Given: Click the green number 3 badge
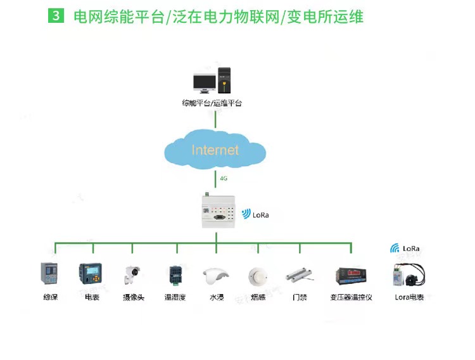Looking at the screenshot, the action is pos(56,15).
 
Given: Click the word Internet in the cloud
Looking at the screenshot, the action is pos(215,150).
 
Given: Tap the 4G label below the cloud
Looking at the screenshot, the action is pos(224,178).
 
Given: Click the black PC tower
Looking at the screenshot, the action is pos(224,80).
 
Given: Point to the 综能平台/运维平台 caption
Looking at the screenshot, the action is pos(212,103).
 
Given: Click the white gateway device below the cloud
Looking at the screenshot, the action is pos(218,211).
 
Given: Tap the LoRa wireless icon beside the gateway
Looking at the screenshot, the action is pos(246,214).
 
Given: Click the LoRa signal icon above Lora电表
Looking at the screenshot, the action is pos(395,248).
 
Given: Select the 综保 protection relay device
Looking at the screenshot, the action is pos(49,273).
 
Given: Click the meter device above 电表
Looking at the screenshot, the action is pos(91,274).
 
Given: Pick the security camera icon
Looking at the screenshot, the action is pos(132,275).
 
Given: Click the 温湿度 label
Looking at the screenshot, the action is pos(175,297).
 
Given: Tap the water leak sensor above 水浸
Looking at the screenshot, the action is pos(215,276).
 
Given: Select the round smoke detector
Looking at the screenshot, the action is pos(258,276).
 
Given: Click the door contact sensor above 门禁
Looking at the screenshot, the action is pos(299,275).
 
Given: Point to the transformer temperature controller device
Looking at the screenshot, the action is pos(351,276).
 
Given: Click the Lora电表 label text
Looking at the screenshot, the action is pos(409,297).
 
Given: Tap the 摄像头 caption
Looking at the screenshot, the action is pos(134,297).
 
